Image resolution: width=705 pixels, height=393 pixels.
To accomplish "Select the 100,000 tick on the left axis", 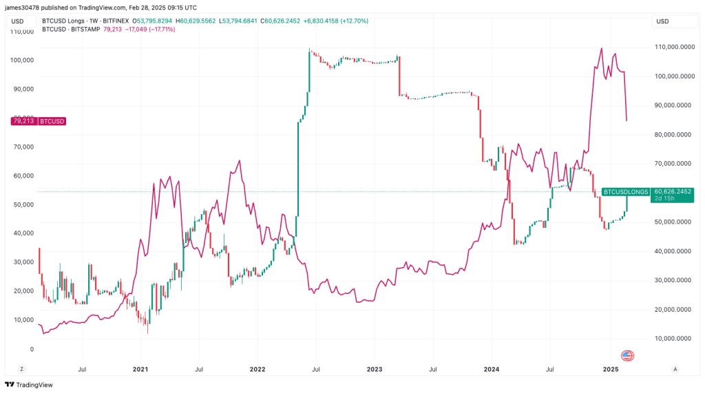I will coord(23,60).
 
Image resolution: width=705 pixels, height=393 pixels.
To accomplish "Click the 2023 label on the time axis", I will coord(375,370).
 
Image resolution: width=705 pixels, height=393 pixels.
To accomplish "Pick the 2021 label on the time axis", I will coord(140,370).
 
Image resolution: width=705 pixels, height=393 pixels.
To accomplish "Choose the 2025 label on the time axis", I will coord(610,370).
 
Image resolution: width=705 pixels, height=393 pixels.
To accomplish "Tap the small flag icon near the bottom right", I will coord(627,356).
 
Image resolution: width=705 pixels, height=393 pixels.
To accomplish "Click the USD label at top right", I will coord(662,21).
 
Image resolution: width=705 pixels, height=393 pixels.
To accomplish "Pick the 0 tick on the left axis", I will coord(31,349).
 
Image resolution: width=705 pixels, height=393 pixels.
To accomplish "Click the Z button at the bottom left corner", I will coord(21,370).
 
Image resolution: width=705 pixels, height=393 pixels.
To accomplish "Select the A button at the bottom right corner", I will coord(675,370).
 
